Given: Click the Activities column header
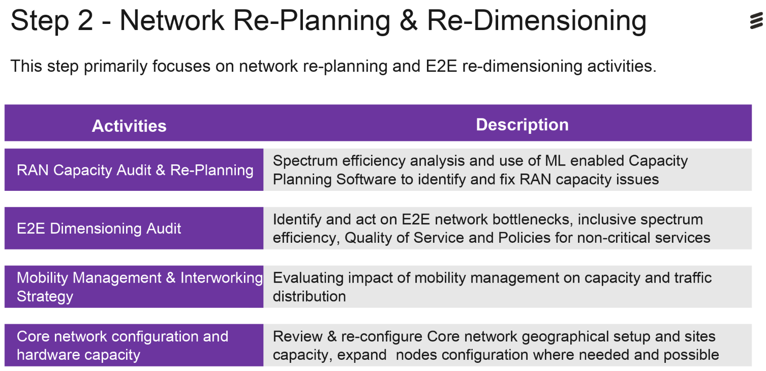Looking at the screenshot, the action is point(129,126).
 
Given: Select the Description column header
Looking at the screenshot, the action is point(522,125).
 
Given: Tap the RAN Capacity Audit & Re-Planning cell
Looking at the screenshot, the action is point(134,170).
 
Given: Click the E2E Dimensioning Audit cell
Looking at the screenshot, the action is point(134,229).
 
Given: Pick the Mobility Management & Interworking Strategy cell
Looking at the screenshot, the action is point(134,287).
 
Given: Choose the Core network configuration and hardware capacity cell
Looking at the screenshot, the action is point(134,346).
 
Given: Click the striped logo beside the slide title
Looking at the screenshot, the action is point(756,21).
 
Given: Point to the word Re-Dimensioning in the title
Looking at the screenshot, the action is point(537,20).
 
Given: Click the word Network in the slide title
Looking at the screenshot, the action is point(172,20).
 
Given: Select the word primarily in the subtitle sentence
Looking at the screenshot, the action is point(115,67).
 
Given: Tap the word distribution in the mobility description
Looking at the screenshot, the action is point(310,296).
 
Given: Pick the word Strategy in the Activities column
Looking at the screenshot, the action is point(45,297).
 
